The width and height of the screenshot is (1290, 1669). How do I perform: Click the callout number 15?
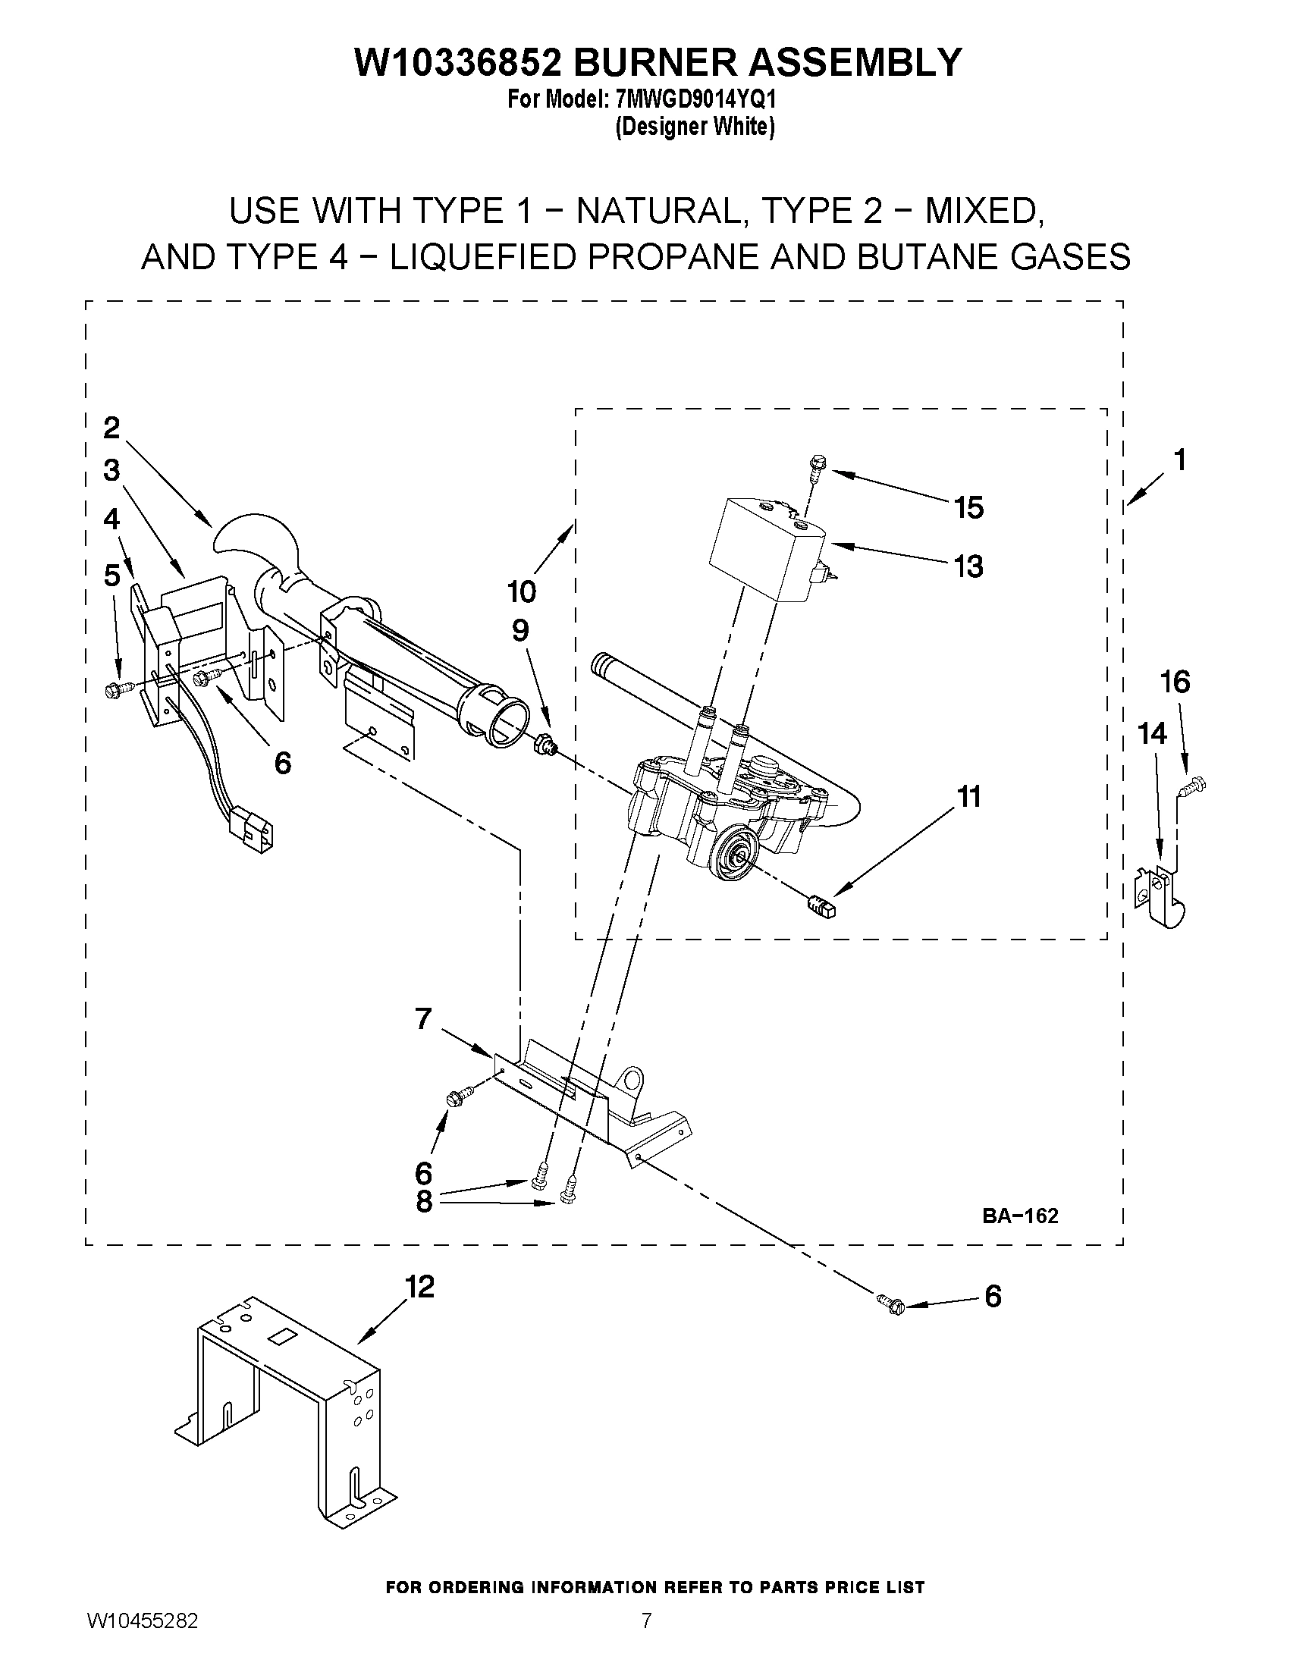click(969, 508)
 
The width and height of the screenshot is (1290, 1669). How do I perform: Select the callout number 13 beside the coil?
click(968, 567)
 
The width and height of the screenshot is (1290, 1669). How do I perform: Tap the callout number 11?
click(969, 797)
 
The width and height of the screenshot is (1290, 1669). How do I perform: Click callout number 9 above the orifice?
click(519, 630)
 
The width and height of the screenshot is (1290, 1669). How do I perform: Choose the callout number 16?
click(1175, 681)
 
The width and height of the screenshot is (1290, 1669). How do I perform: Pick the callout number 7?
click(423, 1018)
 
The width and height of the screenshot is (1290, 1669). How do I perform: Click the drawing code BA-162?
click(1020, 1216)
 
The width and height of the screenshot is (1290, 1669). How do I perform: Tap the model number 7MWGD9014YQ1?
click(695, 100)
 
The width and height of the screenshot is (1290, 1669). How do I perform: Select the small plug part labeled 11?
click(821, 907)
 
